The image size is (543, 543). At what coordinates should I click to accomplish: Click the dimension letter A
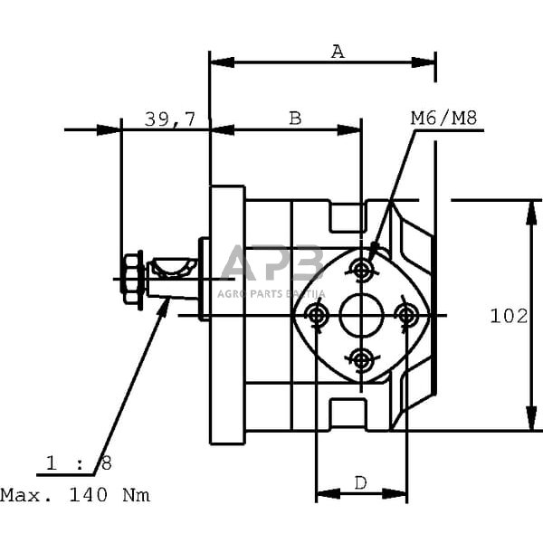click(x=338, y=52)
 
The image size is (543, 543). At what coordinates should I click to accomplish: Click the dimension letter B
click(x=294, y=118)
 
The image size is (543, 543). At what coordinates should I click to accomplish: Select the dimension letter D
click(x=360, y=483)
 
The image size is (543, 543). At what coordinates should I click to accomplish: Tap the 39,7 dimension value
click(x=170, y=118)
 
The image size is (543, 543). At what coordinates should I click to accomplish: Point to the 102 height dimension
click(x=509, y=316)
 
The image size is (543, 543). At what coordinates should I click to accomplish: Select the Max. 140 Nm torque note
click(x=75, y=495)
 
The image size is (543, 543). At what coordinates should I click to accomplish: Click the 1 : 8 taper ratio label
click(x=79, y=463)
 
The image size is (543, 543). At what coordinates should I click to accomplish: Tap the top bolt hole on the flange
click(x=362, y=269)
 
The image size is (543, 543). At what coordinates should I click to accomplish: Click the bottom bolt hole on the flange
click(x=362, y=360)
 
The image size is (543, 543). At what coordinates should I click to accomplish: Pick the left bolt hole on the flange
click(x=316, y=315)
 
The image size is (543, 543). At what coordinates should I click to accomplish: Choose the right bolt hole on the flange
click(x=407, y=315)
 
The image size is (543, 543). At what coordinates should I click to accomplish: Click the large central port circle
click(x=362, y=315)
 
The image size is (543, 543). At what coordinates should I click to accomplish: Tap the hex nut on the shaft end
click(x=132, y=279)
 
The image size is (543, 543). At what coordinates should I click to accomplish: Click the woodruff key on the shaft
click(x=173, y=266)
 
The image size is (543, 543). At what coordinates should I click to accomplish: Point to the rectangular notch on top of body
click(x=347, y=215)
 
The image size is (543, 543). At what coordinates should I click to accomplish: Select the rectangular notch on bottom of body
click(x=347, y=414)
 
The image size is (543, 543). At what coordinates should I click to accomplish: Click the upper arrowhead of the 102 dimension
click(x=529, y=209)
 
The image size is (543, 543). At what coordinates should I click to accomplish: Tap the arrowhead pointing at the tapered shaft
click(x=165, y=306)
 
